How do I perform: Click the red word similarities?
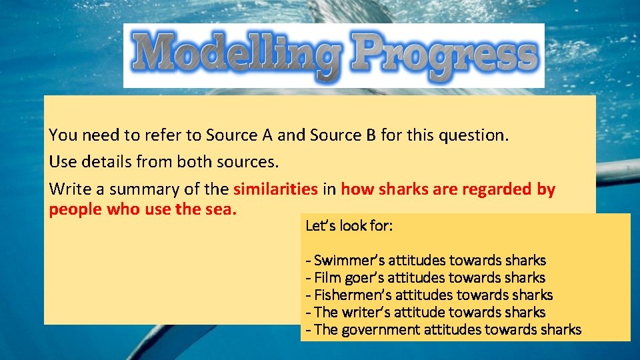[275, 189]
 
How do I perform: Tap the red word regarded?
[494, 189]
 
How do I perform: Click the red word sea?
[221, 209]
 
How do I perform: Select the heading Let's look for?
[349, 225]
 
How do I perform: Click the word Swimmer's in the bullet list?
[346, 260]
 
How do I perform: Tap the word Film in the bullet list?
[327, 277]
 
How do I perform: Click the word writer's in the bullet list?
[365, 312]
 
